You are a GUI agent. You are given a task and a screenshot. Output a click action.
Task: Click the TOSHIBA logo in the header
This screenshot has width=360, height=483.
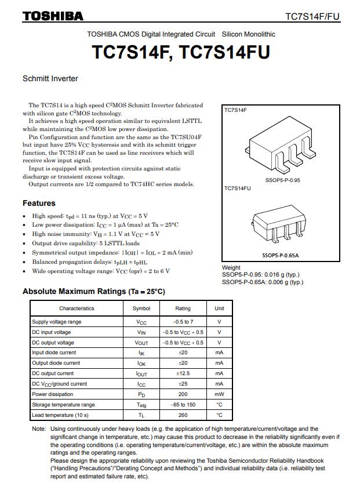pyautogui.click(x=53, y=16)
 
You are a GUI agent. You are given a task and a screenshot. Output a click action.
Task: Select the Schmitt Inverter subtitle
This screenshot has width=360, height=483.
pyautogui.click(x=50, y=79)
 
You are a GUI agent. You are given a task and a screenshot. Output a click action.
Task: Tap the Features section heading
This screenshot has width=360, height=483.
pyautogui.click(x=39, y=203)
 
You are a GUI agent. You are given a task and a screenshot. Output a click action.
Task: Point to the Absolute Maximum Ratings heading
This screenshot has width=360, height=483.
pyautogui.click(x=93, y=291)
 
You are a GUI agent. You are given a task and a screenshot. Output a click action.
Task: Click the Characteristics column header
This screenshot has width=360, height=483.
pyautogui.click(x=77, y=308)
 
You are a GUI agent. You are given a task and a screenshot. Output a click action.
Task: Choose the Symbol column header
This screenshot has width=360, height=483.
pyautogui.click(x=141, y=308)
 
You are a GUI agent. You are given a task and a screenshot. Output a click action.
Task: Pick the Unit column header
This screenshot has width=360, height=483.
pyautogui.click(x=219, y=308)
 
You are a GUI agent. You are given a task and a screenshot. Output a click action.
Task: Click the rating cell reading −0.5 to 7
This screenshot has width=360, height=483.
pyautogui.click(x=183, y=322)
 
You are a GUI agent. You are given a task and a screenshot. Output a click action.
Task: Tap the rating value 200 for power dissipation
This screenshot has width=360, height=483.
pyautogui.click(x=183, y=394)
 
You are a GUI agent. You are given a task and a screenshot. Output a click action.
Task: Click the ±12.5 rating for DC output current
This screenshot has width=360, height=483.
pyautogui.click(x=183, y=373)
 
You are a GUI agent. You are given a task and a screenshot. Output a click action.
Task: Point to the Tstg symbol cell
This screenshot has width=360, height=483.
pyautogui.click(x=141, y=405)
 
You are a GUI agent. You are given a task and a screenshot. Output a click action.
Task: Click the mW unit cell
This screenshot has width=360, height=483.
pyautogui.click(x=219, y=394)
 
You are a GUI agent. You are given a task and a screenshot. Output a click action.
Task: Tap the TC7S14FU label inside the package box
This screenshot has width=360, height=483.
pyautogui.click(x=238, y=188)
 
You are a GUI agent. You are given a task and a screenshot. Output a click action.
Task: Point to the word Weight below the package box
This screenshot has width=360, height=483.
pyautogui.click(x=231, y=268)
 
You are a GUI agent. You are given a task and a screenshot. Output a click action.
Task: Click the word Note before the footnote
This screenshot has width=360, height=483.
pyautogui.click(x=39, y=429)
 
